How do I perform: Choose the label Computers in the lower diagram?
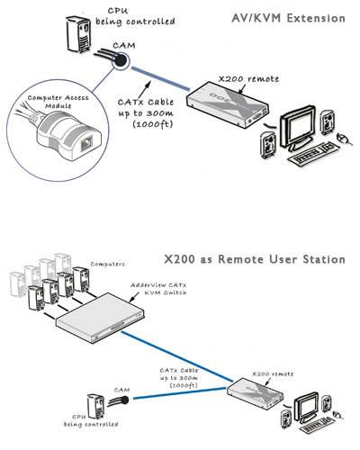[113, 265]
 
